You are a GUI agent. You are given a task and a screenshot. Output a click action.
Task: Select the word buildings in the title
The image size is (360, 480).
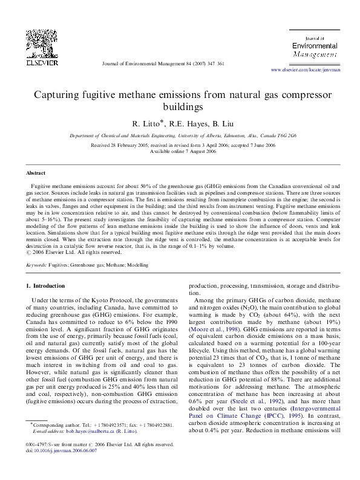(x=180, y=108)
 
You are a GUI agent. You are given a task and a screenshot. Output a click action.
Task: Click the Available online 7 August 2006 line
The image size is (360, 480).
(x=180, y=151)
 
